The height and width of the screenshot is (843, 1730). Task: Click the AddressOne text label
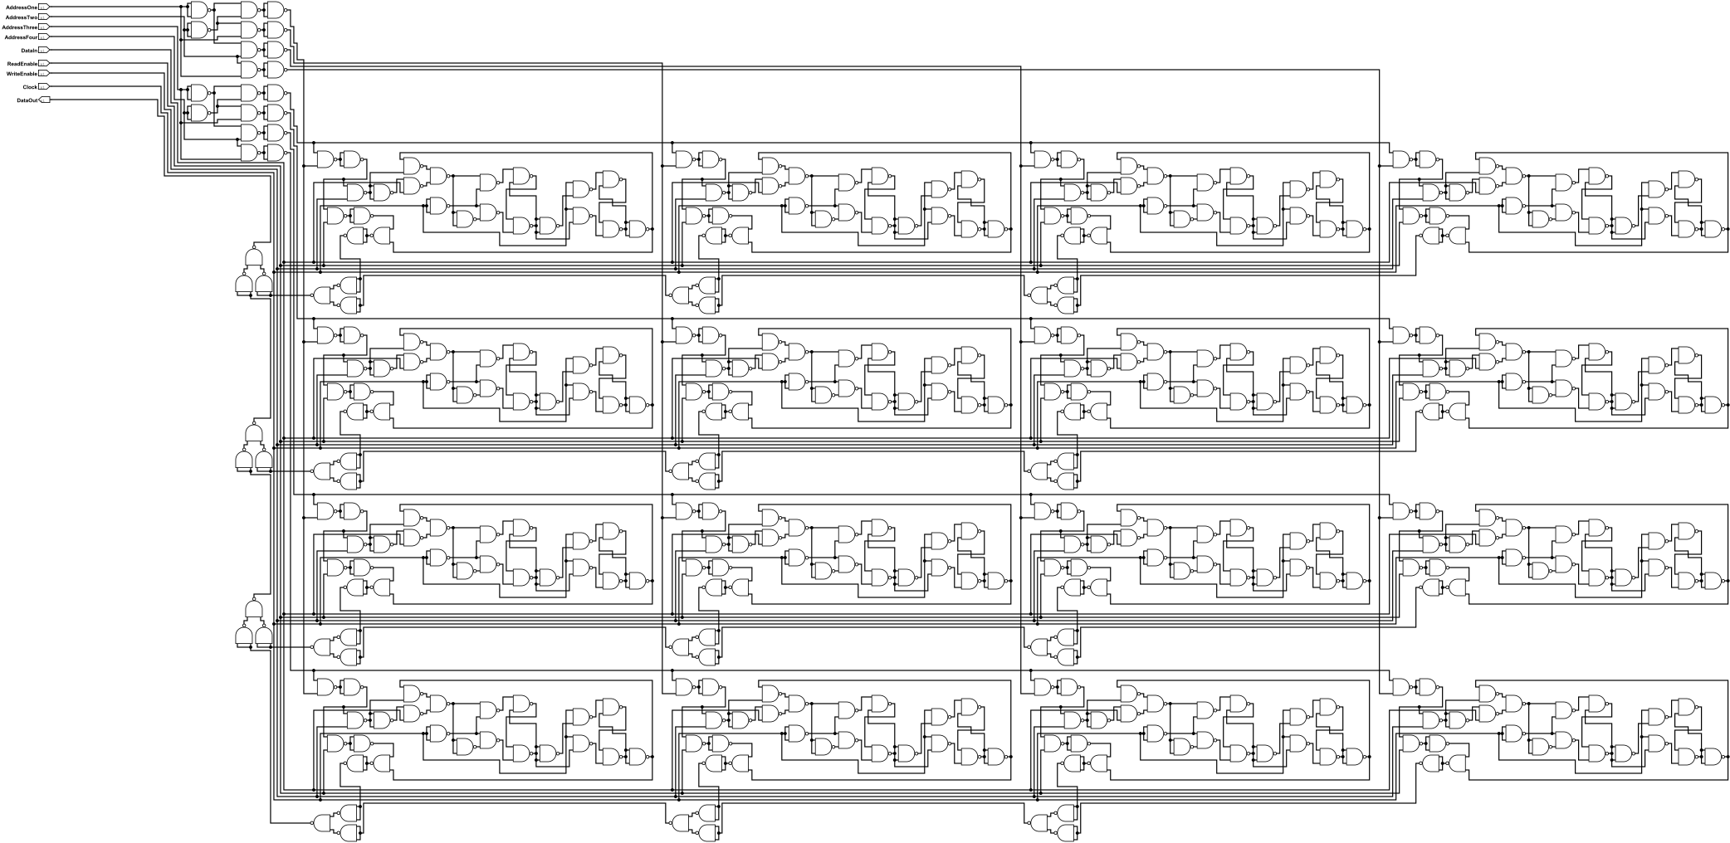tap(21, 7)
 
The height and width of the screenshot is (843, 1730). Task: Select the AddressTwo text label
tap(21, 17)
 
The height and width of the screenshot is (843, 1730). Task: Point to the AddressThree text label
tap(19, 27)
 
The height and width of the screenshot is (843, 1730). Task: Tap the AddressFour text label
tap(20, 37)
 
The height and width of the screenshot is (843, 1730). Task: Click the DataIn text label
tap(29, 51)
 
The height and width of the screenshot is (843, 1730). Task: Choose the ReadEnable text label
tap(22, 64)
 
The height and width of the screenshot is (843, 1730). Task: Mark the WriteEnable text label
tap(22, 74)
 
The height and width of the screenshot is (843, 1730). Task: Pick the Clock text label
tap(30, 87)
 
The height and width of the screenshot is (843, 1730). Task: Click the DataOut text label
tap(27, 100)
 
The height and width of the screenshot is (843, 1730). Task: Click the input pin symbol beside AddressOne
tap(44, 7)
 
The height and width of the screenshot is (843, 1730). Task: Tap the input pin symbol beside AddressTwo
tap(44, 17)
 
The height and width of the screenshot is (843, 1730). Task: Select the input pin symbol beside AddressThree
tap(44, 27)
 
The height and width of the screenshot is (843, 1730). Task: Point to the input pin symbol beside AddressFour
tap(44, 37)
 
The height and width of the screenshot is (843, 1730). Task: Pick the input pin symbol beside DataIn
tap(44, 51)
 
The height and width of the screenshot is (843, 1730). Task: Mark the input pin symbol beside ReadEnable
tap(44, 64)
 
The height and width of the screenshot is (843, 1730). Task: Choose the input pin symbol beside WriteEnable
tap(44, 74)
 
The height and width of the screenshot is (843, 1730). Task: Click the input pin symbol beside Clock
tap(44, 87)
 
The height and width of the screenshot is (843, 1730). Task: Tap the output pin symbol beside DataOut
tap(45, 100)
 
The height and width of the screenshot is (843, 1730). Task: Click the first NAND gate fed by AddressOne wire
tap(198, 10)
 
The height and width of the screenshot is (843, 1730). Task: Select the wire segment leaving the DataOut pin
tap(100, 100)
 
